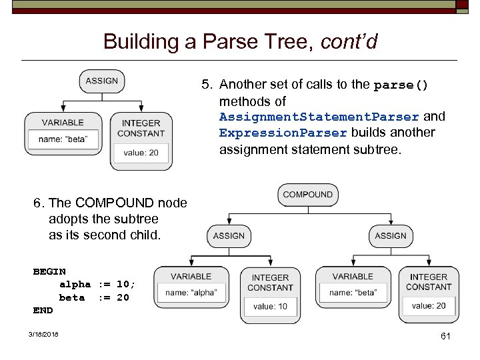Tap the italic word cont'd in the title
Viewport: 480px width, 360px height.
tap(349, 42)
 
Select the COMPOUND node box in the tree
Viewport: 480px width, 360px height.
tap(307, 195)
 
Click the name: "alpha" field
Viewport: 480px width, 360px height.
tap(191, 293)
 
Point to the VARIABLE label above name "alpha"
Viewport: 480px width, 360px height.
tap(191, 276)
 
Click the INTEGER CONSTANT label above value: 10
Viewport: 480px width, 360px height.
tap(270, 282)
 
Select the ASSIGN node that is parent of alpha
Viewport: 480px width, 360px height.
tap(229, 235)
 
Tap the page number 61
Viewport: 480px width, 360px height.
tap(445, 337)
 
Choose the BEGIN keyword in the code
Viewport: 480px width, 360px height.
tap(49, 271)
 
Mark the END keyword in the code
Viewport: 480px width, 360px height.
tap(43, 310)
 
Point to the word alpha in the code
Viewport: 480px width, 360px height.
tap(75, 284)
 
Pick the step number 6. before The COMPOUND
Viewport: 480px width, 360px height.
tap(39, 203)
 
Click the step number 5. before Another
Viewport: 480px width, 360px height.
tap(208, 85)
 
